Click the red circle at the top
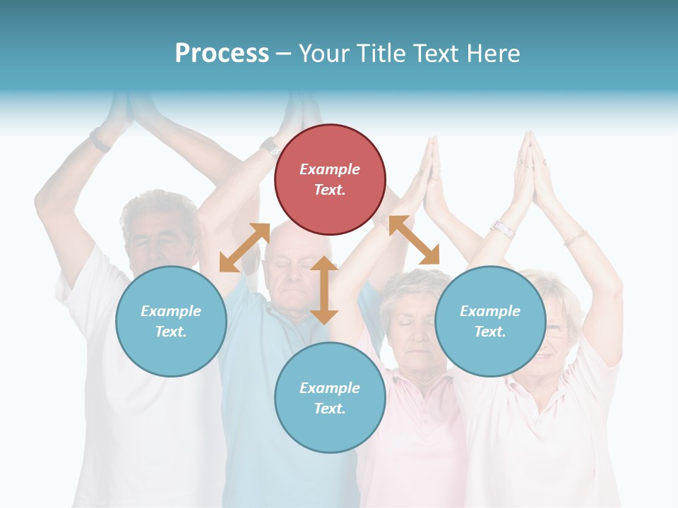pos(330,179)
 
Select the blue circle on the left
pos(171,321)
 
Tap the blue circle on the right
pos(490,321)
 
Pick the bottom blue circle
pos(330,398)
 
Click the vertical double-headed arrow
pos(323,290)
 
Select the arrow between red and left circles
pos(244,248)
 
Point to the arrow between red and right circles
pos(414,240)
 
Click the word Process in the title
pos(222,53)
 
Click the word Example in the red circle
pos(330,169)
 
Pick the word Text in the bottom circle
pos(330,409)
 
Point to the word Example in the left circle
pos(171,311)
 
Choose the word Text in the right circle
pos(490,332)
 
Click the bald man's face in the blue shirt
pos(290,272)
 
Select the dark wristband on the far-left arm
pos(100,142)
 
